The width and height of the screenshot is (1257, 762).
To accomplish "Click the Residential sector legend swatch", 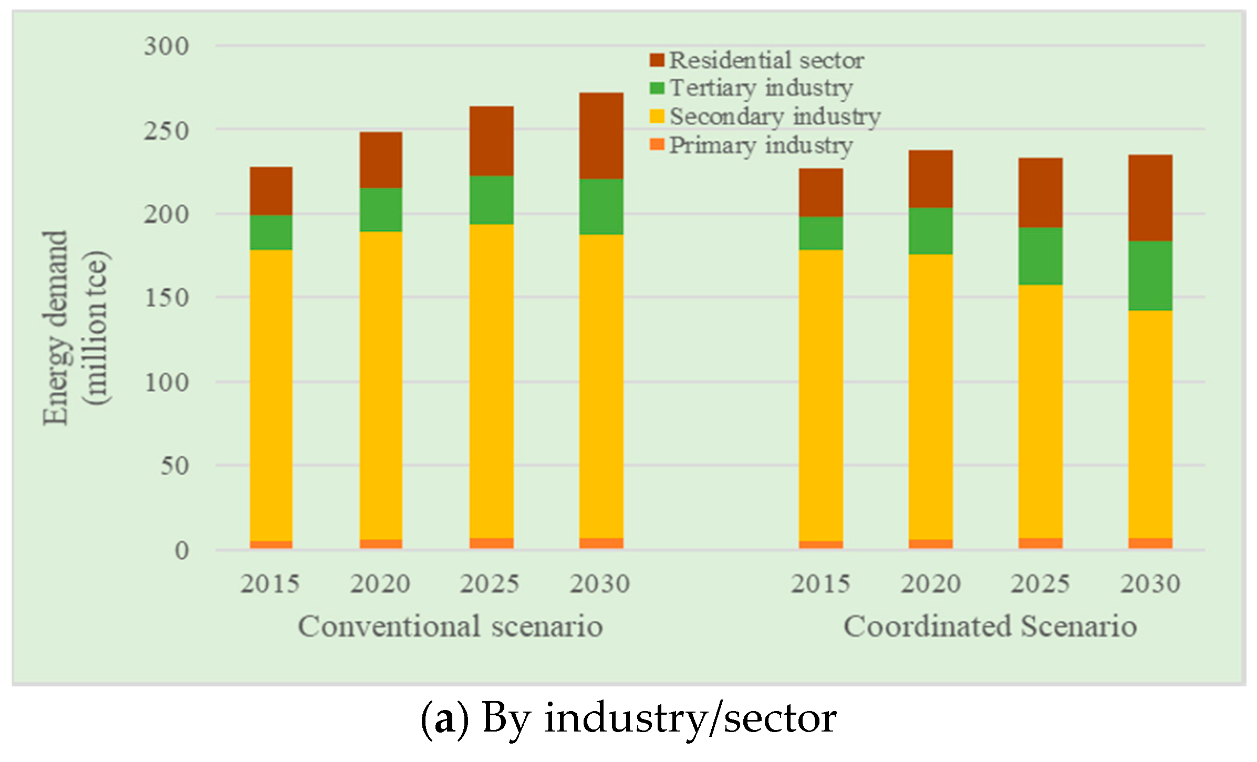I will [657, 60].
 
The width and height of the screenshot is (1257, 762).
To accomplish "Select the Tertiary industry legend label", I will [761, 88].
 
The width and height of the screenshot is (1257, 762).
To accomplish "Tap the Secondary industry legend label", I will [775, 117].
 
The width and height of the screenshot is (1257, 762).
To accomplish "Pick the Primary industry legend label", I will [761, 145].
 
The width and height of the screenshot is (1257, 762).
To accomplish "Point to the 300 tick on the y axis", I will [166, 46].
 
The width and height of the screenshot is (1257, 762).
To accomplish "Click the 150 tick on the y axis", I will [166, 298].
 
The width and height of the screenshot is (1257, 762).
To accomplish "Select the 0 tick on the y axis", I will [182, 551].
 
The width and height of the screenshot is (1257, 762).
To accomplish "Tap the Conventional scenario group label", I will [450, 627].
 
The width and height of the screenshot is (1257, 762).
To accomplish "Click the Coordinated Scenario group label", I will [990, 627].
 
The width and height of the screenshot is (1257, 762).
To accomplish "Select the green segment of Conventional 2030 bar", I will [601, 206].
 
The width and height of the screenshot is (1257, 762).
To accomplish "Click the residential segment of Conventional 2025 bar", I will [491, 141].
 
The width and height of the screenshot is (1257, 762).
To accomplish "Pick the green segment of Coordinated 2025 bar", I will [1041, 256].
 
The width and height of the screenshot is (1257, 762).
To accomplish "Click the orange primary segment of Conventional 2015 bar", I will [271, 545].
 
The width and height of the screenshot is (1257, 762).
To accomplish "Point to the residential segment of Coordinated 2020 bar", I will [931, 179].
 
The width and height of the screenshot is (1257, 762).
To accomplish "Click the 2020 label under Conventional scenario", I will [380, 584].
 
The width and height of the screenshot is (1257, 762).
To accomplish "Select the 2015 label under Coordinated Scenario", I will [820, 584].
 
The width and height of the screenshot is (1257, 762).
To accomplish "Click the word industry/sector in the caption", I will [690, 718].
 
